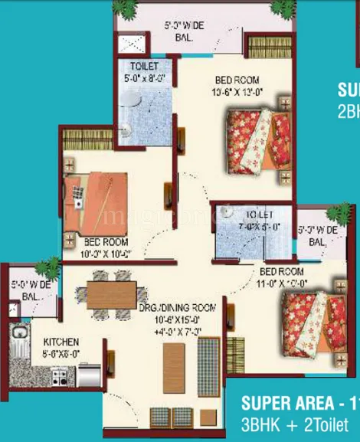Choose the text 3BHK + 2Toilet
tap(294, 424)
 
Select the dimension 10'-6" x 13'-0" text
tap(236, 93)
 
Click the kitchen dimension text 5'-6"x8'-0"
tap(57, 354)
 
